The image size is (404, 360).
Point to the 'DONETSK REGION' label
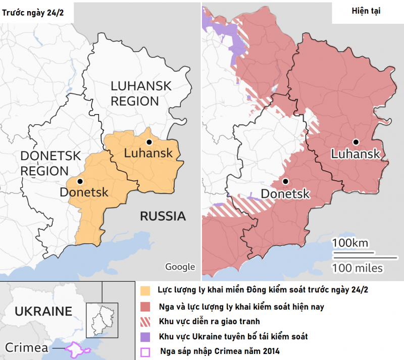coord(50,163)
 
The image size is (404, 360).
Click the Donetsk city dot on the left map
coord(79,181)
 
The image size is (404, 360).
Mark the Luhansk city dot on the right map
coord(356,142)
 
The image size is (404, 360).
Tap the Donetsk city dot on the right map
coord(286,181)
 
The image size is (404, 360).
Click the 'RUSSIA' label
coord(163,217)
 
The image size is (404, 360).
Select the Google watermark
coord(180,267)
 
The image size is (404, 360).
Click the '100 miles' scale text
coord(357,267)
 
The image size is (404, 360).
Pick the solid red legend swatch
coord(146,306)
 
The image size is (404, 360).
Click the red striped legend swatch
coord(146,322)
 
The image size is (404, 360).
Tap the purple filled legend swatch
coord(146,336)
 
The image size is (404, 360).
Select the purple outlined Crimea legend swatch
coord(146,351)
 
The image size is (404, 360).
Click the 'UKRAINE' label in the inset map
coord(43,311)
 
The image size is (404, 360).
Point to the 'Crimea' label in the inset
coord(27,347)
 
